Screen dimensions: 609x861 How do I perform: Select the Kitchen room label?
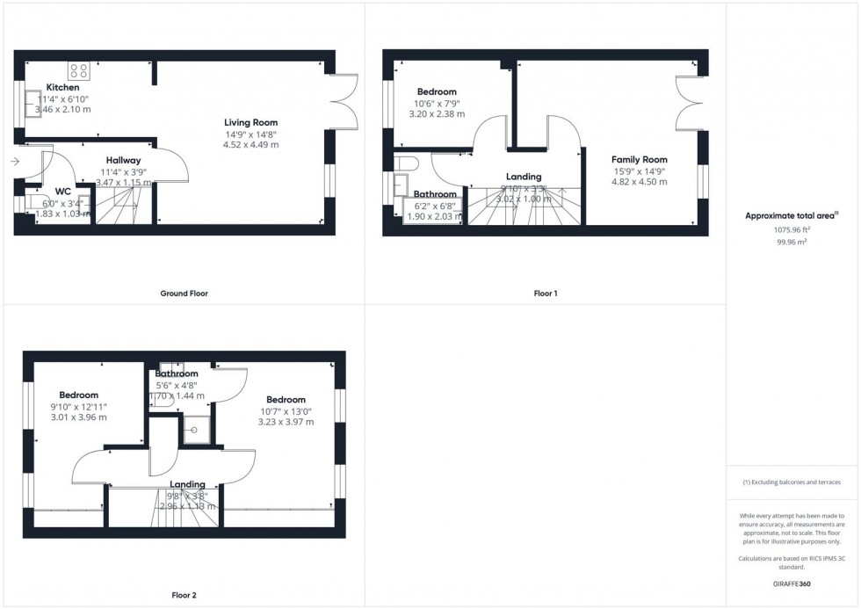[63, 88]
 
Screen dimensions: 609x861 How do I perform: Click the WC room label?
[62, 191]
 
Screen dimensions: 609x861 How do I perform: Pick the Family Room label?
[640, 160]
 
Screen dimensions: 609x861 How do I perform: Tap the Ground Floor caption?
[185, 294]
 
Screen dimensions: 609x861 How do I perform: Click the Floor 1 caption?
[545, 294]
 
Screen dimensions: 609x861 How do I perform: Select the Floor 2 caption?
[184, 595]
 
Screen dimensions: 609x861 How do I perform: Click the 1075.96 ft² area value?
[792, 228]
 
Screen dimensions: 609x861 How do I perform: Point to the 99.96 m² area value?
[792, 240]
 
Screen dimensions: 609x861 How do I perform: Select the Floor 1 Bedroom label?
[437, 92]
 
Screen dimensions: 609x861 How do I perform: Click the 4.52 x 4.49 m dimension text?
[251, 144]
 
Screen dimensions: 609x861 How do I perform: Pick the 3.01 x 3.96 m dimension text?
[78, 417]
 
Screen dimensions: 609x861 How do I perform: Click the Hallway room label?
[123, 160]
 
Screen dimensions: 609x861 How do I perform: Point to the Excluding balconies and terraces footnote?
[792, 482]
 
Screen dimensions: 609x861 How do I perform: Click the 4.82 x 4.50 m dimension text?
[640, 182]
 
